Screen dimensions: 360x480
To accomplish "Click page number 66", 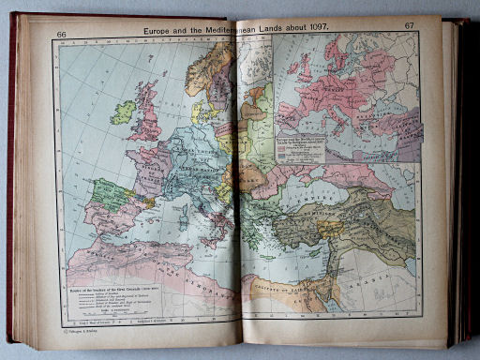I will (62, 34).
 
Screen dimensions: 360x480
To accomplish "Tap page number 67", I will (409, 25).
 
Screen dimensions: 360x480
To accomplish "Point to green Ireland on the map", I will (123, 112).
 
